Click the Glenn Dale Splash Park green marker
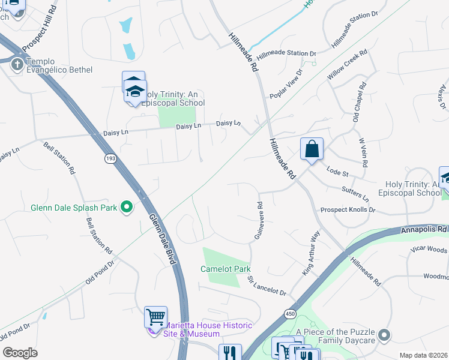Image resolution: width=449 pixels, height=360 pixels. (126, 208)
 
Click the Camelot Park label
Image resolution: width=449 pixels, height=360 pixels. (226, 269)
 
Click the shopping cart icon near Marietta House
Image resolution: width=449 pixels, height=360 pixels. (156, 316)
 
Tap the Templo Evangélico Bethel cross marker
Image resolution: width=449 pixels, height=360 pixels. (17, 64)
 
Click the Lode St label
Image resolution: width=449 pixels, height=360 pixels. (337, 171)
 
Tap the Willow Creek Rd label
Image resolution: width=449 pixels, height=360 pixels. (346, 68)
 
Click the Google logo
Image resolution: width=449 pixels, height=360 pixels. (20, 352)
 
